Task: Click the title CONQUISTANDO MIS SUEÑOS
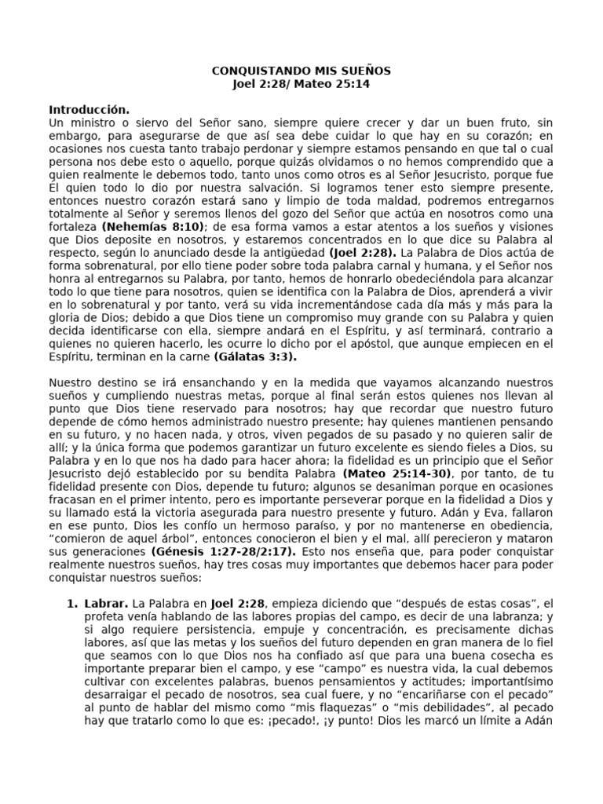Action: pos(301,71)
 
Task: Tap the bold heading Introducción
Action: pos(89,109)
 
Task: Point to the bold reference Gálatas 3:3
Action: pos(255,356)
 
